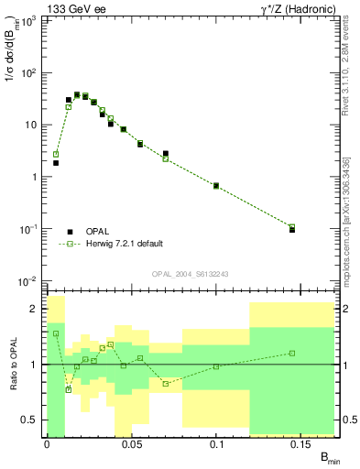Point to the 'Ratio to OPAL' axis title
[x=14, y=365]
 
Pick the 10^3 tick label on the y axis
[x=27, y=20]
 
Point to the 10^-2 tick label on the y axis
[x=27, y=281]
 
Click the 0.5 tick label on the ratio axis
[x=29, y=420]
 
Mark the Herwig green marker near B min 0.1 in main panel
[x=216, y=186]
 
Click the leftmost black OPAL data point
[x=56, y=163]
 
